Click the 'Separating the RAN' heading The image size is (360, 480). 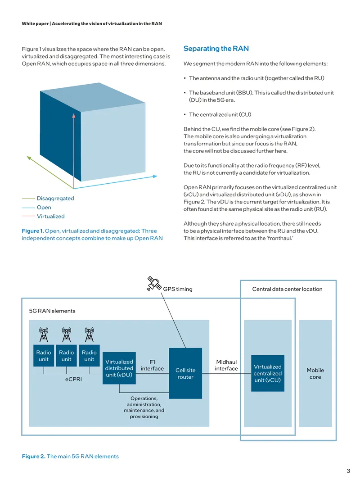coord(216,49)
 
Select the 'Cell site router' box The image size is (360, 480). coord(185,373)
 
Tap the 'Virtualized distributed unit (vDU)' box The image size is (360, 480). coord(119,368)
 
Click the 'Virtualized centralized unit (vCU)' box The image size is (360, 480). coord(268,373)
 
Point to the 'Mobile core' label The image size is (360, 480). coord(315,373)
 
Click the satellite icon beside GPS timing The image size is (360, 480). coord(154,284)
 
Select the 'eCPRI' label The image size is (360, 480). coord(73,379)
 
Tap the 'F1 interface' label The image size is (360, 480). coord(152,365)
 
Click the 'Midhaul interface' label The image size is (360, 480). coord(226,365)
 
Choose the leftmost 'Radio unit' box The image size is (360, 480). coord(44,356)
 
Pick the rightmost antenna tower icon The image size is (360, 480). coord(89,334)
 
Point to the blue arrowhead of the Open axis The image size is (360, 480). coord(155,177)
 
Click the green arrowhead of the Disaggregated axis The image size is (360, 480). coord(29,158)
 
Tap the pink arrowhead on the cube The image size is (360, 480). coord(74,115)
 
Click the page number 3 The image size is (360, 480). coord(348,471)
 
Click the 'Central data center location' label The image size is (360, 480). coord(287,289)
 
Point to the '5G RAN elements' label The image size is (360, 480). coord(52,311)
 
